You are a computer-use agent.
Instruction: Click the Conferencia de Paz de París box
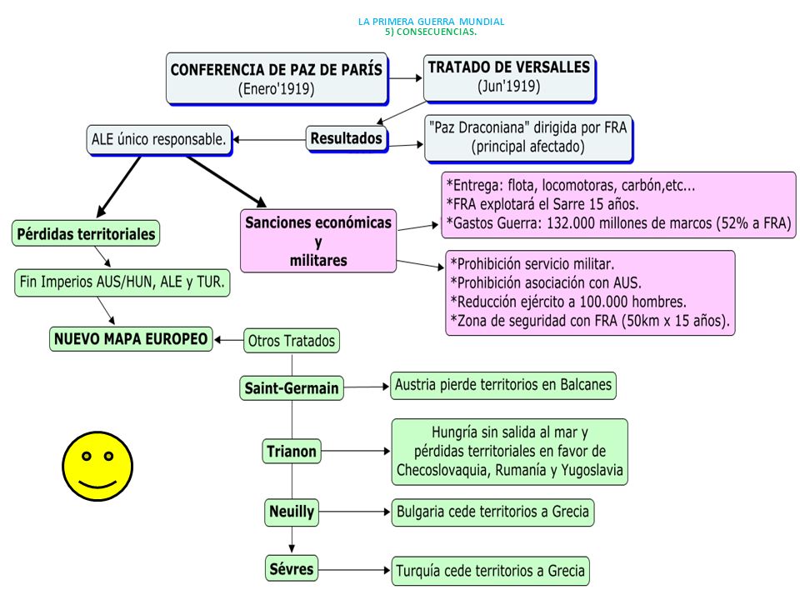pyautogui.click(x=277, y=78)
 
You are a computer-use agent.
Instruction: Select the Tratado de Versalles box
pyautogui.click(x=509, y=78)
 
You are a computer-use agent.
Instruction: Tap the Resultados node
pyautogui.click(x=347, y=138)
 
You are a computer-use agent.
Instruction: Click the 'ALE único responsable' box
pyautogui.click(x=158, y=140)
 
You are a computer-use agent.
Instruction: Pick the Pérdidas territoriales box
pyautogui.click(x=86, y=233)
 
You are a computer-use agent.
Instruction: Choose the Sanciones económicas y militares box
pyautogui.click(x=318, y=241)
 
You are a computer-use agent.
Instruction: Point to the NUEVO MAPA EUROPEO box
pyautogui.click(x=131, y=339)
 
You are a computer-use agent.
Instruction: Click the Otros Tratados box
pyautogui.click(x=292, y=341)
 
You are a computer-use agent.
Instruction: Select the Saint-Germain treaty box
pyautogui.click(x=292, y=388)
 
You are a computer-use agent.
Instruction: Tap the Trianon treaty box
pyautogui.click(x=292, y=451)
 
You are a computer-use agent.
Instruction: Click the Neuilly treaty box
pyautogui.click(x=292, y=512)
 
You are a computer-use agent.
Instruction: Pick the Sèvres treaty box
pyautogui.click(x=292, y=568)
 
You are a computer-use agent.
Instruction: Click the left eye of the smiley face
pyautogui.click(x=87, y=456)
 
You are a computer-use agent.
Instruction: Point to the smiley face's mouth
pyautogui.click(x=97, y=482)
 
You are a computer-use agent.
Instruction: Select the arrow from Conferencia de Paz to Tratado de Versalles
pyautogui.click(x=406, y=78)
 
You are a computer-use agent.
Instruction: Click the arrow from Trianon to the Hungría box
pyautogui.click(x=356, y=451)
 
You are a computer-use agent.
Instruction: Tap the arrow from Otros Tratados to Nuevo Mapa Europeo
pyautogui.click(x=228, y=340)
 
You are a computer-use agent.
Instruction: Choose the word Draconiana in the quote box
pyautogui.click(x=487, y=127)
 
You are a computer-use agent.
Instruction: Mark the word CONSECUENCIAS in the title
pyautogui.click(x=436, y=32)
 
